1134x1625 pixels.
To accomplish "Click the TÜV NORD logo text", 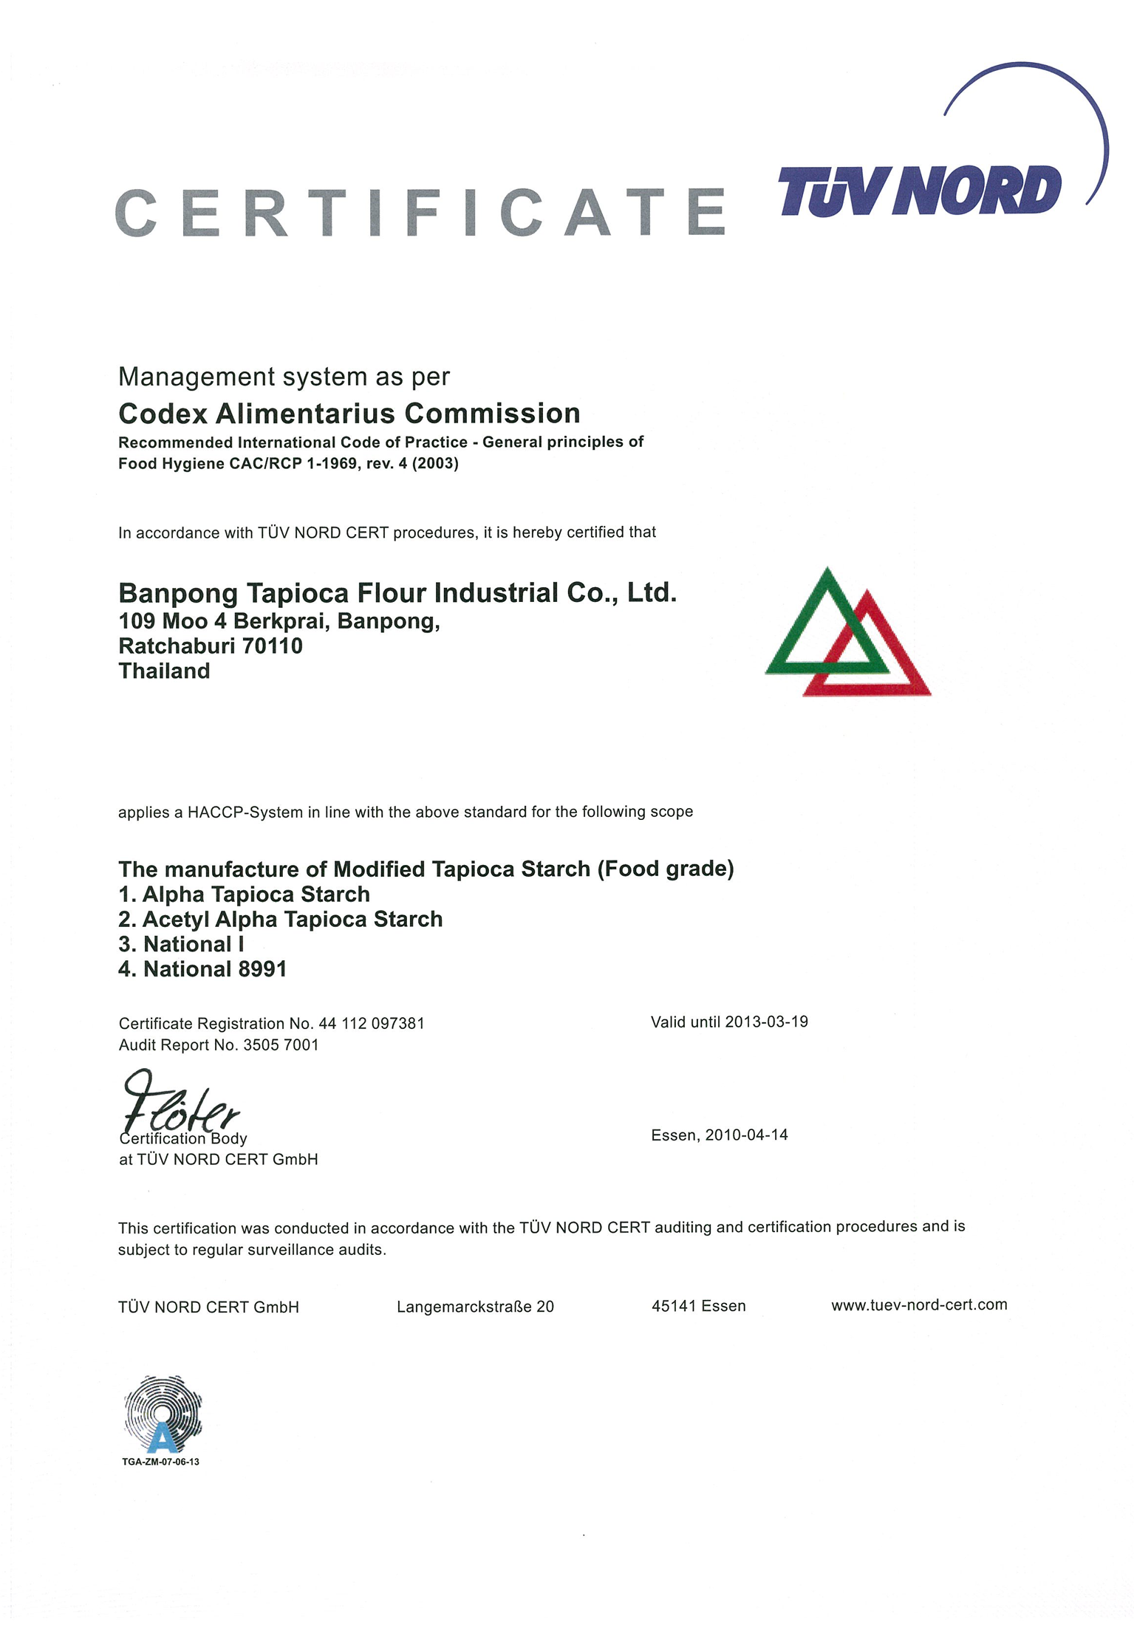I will tap(919, 191).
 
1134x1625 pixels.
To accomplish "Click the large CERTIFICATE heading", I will tap(421, 213).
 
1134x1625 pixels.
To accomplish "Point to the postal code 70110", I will tap(273, 646).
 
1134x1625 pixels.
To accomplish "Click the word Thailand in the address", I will tap(164, 671).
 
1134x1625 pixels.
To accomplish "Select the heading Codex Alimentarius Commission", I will tap(349, 414).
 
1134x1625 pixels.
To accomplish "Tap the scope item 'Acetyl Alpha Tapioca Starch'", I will tap(281, 920).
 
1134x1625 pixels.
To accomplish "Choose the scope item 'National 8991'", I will tap(203, 969).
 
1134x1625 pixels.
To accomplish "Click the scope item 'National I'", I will tap(182, 945).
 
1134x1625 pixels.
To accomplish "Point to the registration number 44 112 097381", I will tap(372, 1024).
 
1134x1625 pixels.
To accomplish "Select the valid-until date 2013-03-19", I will tap(766, 1022).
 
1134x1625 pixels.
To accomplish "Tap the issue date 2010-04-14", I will tap(746, 1135).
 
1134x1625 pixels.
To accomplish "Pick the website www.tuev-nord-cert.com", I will tap(919, 1305).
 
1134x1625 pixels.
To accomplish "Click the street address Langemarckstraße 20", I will tap(475, 1307).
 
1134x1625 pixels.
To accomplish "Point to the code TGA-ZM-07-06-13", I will tap(160, 1462).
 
